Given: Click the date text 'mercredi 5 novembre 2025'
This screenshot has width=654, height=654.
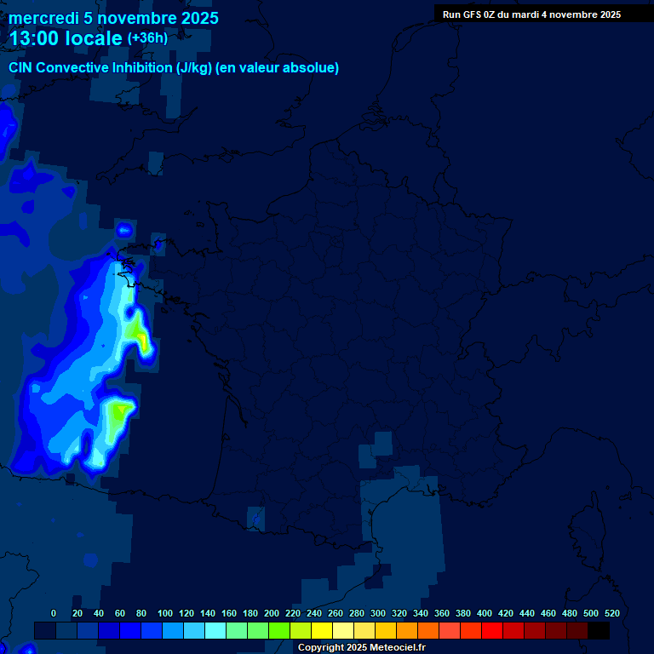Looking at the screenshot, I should pos(113,18).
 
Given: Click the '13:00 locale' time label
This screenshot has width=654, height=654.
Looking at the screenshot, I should pos(66,38).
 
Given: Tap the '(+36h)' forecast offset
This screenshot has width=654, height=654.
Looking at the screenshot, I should pos(147,38).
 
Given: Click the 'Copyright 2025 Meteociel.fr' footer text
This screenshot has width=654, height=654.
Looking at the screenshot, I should pos(361,648).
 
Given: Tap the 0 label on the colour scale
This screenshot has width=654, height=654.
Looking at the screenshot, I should pos(54,613).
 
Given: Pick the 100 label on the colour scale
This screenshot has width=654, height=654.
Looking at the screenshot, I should pos(165,613).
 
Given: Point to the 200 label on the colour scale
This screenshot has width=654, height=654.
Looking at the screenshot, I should pos(272,613).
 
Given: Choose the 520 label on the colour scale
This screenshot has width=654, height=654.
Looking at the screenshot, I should pos(611,613).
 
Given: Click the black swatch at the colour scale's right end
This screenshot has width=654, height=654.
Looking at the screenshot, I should pos(599,630).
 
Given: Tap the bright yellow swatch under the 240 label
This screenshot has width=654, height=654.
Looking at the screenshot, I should pos(322,630).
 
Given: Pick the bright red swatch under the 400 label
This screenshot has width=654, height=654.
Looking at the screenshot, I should pos(492,630).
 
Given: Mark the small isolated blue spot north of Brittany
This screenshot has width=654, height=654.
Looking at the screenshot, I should pos(124,229).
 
